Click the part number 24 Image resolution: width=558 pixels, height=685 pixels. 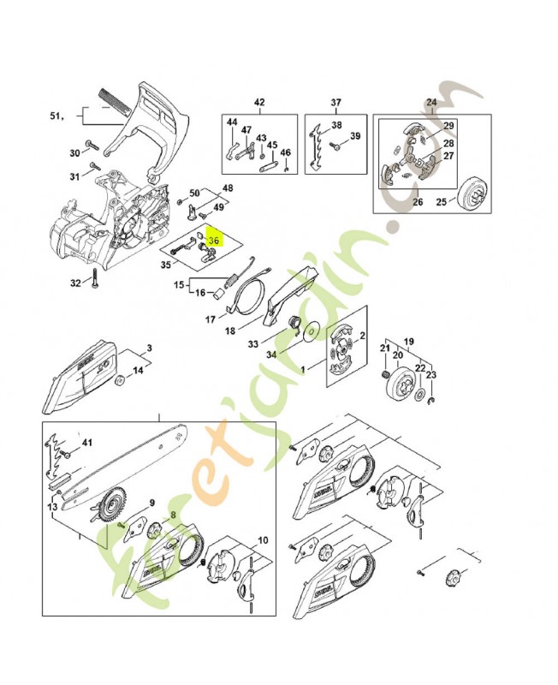[430, 103]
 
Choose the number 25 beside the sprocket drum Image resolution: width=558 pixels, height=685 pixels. [442, 202]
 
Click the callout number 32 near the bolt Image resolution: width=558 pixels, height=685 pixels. [75, 283]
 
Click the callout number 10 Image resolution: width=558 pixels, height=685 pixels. [262, 540]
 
